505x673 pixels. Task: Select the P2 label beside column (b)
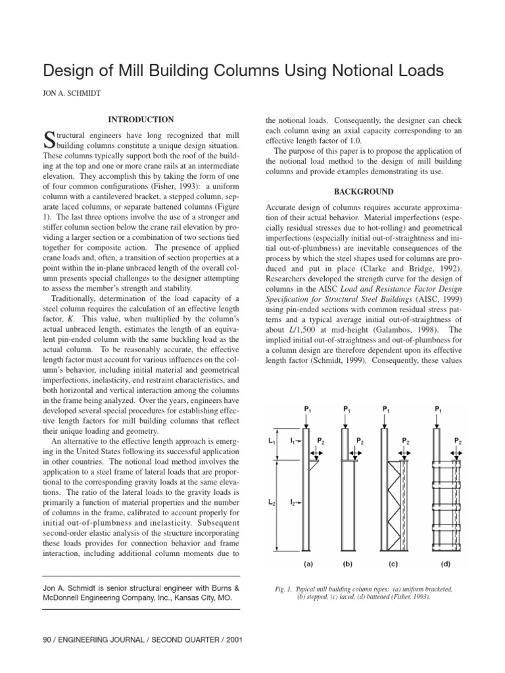[x=359, y=440]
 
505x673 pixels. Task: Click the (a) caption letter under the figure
[x=308, y=563]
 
